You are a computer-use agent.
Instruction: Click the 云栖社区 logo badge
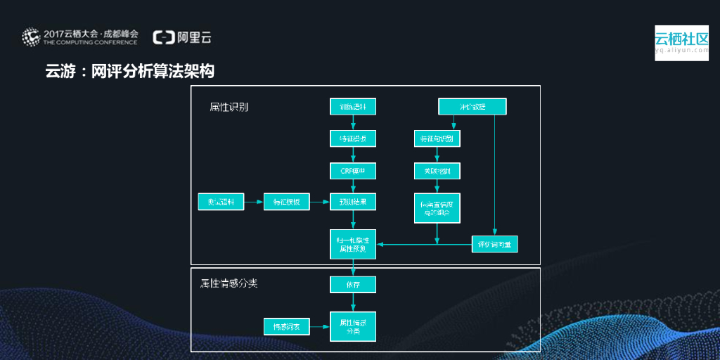pyautogui.click(x=681, y=43)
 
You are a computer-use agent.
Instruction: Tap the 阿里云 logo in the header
pyautogui.click(x=182, y=37)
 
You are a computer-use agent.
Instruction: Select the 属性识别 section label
pyautogui.click(x=229, y=107)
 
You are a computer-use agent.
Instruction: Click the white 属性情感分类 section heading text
pyautogui.click(x=229, y=283)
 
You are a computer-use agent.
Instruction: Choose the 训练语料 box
pyautogui.click(x=353, y=107)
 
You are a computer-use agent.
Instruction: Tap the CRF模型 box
pyautogui.click(x=353, y=171)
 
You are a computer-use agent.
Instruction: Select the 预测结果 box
pyautogui.click(x=353, y=202)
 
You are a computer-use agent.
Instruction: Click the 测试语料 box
pyautogui.click(x=220, y=202)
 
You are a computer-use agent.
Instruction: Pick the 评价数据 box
pyautogui.click(x=472, y=107)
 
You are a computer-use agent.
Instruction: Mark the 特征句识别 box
pyautogui.click(x=437, y=139)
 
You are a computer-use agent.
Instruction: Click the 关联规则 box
pyautogui.click(x=437, y=171)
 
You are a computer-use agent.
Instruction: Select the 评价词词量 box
pyautogui.click(x=494, y=244)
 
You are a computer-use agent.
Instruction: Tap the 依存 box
pyautogui.click(x=353, y=284)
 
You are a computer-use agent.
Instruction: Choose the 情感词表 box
pyautogui.click(x=286, y=326)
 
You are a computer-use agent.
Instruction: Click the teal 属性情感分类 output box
pyautogui.click(x=353, y=326)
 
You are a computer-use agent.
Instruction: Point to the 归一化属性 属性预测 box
pyautogui.click(x=353, y=244)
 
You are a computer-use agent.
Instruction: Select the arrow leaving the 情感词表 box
pyautogui.click(x=320, y=326)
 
